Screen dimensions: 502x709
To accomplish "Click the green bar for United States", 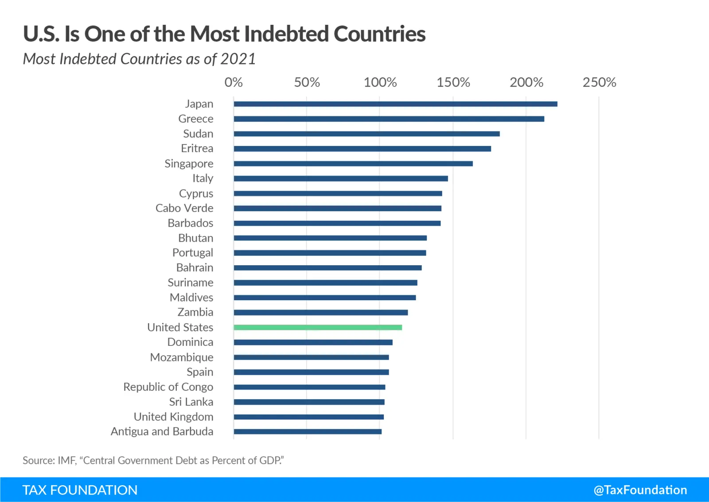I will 318,327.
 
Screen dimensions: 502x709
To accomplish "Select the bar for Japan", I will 395,104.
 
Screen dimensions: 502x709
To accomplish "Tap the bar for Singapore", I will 353,164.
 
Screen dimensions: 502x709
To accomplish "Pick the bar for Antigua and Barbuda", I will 308,431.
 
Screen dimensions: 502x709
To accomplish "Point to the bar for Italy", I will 341,178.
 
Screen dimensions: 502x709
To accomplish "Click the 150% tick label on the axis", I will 453,82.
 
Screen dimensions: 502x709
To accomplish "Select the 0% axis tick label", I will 234,82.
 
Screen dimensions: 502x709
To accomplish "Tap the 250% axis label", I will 599,82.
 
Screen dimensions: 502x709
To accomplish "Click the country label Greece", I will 195,119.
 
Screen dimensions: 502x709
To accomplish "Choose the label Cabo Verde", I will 184,208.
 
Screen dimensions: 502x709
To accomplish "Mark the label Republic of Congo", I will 168,387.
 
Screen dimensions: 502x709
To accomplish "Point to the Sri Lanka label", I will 191,402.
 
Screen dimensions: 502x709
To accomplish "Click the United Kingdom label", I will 173,417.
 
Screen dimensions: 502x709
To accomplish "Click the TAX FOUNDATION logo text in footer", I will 80,490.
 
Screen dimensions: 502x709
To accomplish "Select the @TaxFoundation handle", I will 640,490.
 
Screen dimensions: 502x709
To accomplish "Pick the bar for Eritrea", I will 362,149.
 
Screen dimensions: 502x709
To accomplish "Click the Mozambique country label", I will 181,357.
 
